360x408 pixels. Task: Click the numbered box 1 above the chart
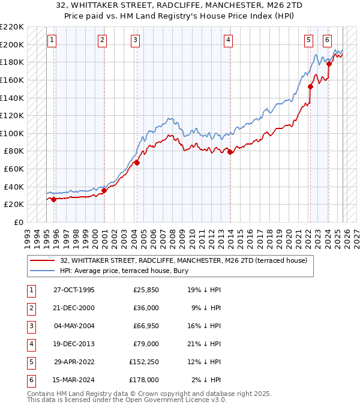(x=52, y=40)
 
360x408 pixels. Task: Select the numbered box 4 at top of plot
(x=229, y=40)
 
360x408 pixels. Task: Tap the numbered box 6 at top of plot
(x=327, y=40)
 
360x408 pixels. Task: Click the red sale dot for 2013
(x=230, y=152)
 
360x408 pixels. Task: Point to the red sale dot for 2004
(x=137, y=163)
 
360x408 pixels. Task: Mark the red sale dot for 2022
(x=311, y=86)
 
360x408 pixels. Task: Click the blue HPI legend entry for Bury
(x=124, y=271)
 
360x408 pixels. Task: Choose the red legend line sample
(x=43, y=260)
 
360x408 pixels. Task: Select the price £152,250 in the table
(x=143, y=362)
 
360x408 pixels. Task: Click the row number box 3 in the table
(x=31, y=326)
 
